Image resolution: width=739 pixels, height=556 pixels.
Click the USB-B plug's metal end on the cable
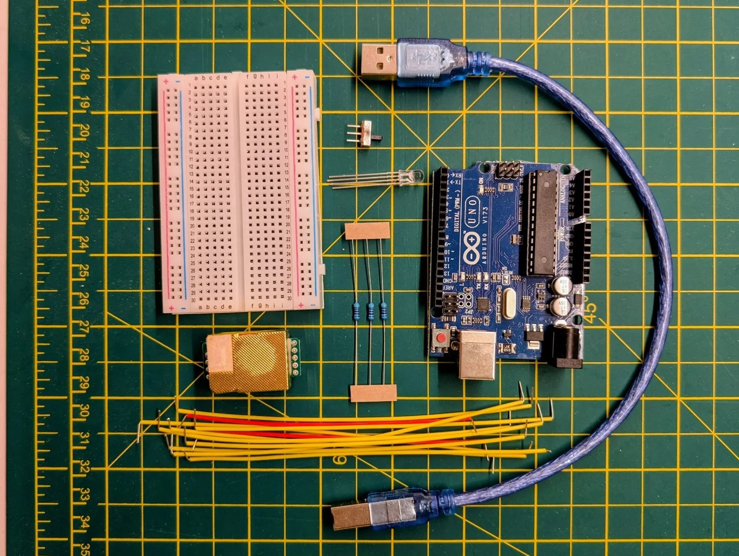(349, 517)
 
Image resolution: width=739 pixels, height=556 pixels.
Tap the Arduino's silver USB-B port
(476, 354)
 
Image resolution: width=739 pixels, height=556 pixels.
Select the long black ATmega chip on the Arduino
(542, 223)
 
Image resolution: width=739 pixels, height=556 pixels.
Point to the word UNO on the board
(472, 212)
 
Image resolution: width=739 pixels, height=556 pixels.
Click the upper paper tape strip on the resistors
(367, 231)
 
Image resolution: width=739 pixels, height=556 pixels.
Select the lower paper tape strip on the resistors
(373, 393)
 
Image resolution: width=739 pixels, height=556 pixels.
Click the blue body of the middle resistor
(370, 311)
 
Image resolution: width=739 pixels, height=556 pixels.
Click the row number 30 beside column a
(193, 300)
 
